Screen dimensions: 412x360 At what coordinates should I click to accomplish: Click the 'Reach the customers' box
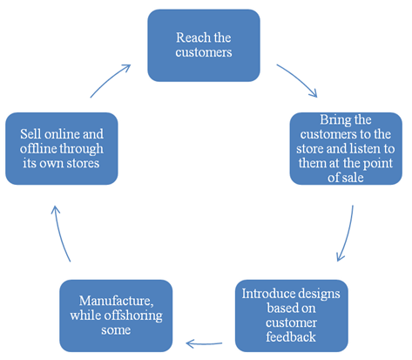204,45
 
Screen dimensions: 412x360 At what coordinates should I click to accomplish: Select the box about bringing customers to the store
346,148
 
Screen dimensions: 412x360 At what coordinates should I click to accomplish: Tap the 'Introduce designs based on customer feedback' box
291,316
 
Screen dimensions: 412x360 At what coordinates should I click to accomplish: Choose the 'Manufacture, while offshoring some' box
116,316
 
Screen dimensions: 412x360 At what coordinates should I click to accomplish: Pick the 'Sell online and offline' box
62,148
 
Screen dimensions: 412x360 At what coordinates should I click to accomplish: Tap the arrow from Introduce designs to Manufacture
204,344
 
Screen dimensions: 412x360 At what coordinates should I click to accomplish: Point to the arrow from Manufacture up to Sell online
59,234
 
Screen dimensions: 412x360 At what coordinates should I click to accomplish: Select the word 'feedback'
291,337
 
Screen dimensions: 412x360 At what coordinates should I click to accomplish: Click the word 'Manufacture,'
116,301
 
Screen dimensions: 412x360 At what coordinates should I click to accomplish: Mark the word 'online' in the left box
62,134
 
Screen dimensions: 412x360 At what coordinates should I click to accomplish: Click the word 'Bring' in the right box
334,120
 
